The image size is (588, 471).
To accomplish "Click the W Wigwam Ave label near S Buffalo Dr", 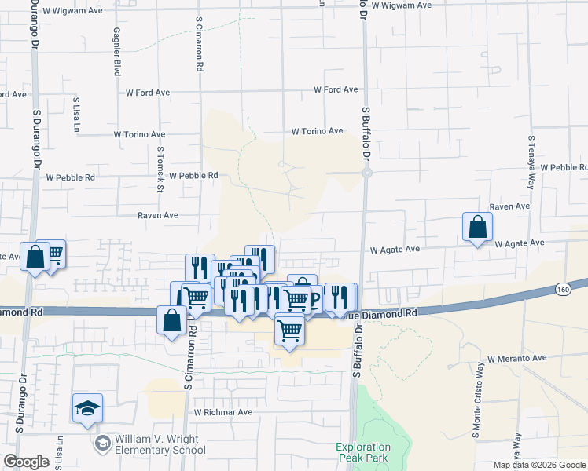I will pyautogui.click(x=402, y=5).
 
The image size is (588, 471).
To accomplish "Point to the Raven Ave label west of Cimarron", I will pyautogui.click(x=158, y=215).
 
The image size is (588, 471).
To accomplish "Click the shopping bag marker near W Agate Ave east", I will pyautogui.click(x=476, y=228).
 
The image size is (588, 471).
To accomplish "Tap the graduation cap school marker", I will pyautogui.click(x=87, y=409).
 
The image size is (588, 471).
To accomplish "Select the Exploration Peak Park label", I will pyautogui.click(x=363, y=452).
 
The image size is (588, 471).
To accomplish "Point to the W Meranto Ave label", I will pyautogui.click(x=516, y=359).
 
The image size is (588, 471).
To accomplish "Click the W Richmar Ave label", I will pyautogui.click(x=223, y=412).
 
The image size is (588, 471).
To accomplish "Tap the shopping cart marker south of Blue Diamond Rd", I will pyautogui.click(x=289, y=330).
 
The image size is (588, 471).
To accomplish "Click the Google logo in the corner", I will pyautogui.click(x=26, y=462).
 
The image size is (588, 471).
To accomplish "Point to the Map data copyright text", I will pyautogui.click(x=538, y=465).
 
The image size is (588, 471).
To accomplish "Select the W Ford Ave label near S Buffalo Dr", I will pyautogui.click(x=336, y=90).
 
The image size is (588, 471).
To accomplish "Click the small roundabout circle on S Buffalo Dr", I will pyautogui.click(x=366, y=173).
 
